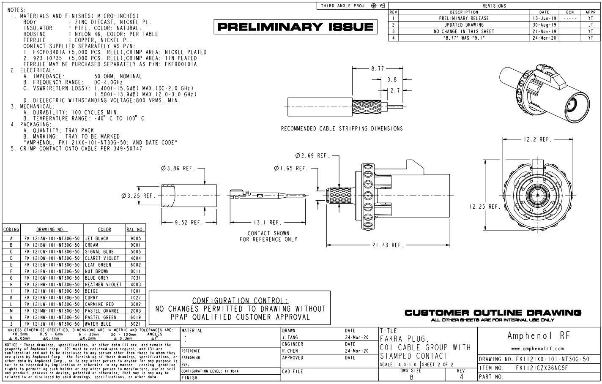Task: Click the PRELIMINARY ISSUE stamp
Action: [296, 27]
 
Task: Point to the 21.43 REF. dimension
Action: [388, 245]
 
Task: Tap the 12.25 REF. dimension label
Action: [485, 207]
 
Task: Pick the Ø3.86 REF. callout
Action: [178, 169]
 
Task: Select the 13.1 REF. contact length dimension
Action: [268, 222]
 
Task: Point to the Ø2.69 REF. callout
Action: [312, 155]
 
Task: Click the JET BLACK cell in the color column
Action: [97, 238]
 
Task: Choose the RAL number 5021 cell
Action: [135, 324]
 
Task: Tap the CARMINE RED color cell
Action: [99, 304]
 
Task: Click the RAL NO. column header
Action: [135, 229]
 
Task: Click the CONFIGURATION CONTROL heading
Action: [240, 300]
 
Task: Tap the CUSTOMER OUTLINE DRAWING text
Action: [493, 313]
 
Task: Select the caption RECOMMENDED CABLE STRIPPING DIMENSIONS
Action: [342, 128]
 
